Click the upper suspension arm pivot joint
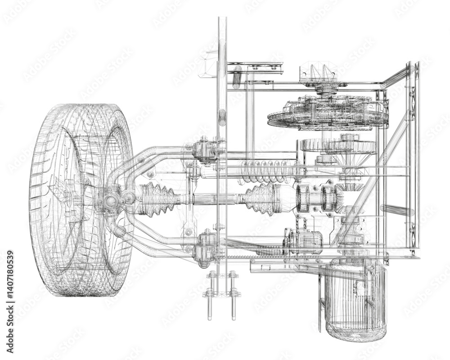pos(205,151)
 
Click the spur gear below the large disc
pos(337,145)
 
